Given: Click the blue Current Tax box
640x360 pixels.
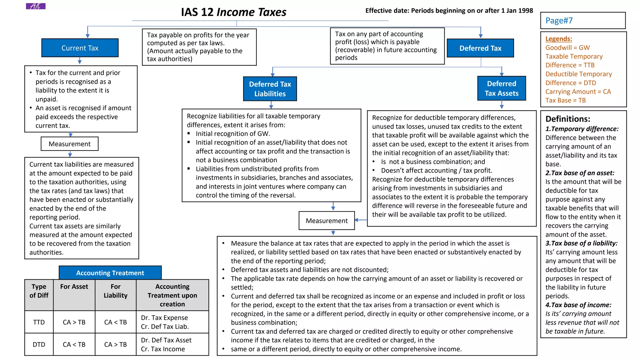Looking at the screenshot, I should (x=80, y=48).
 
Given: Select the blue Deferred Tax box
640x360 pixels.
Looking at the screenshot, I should (x=480, y=48).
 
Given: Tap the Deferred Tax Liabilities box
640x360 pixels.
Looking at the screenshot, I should (x=270, y=89).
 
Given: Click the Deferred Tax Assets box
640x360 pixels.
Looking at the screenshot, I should (x=501, y=88).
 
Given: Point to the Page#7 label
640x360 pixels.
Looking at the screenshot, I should (x=559, y=21).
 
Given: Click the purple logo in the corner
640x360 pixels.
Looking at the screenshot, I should (x=35, y=6).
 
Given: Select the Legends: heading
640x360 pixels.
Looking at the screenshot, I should (x=558, y=39).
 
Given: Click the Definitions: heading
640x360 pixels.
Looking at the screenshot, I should (x=567, y=119).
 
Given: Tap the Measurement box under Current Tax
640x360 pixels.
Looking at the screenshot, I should (x=69, y=144).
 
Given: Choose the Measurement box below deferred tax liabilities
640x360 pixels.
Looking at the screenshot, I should (x=327, y=221).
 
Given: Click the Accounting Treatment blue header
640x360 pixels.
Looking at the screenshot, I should (x=110, y=273).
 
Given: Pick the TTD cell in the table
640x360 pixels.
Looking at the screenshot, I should (x=39, y=322).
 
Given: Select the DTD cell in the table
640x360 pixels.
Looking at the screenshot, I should (x=39, y=344).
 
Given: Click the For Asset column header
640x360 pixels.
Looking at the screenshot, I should (x=74, y=287).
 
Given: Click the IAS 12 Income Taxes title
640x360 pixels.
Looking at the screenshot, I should (x=233, y=12).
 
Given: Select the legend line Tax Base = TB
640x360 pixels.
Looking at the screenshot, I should (x=565, y=100).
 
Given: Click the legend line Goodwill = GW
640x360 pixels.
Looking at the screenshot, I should (x=567, y=47).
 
